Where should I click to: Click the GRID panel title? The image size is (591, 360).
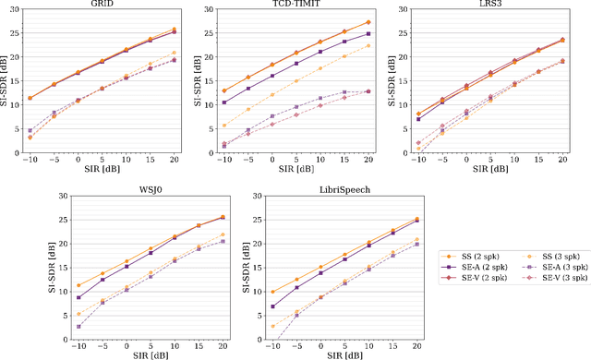click(103, 6)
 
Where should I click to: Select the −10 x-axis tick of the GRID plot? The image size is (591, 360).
click(29, 159)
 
